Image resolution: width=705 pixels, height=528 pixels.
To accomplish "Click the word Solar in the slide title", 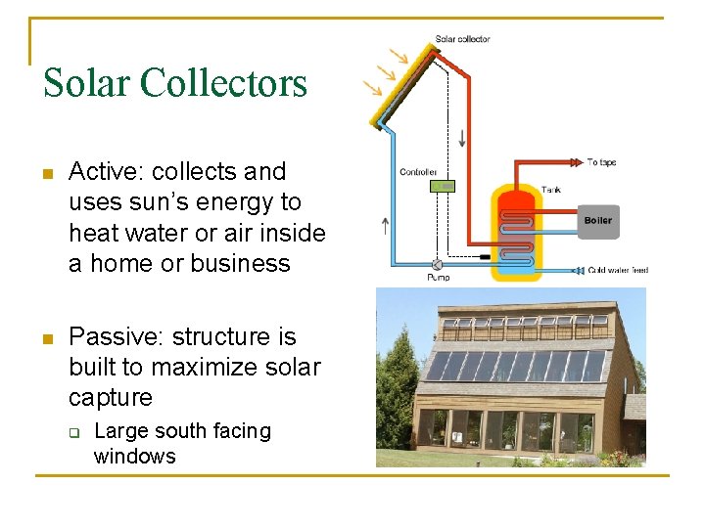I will (x=86, y=83).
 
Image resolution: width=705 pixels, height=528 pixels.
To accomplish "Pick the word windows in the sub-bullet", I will (x=134, y=457).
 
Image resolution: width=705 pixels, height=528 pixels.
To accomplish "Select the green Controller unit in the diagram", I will (x=443, y=185).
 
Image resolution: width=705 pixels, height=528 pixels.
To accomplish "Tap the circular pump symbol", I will (x=437, y=264).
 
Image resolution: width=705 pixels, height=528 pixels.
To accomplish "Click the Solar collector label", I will (x=462, y=39).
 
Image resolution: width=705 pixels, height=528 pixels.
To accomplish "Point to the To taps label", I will (x=601, y=162).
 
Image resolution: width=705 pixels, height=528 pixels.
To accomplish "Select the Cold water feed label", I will (x=618, y=270).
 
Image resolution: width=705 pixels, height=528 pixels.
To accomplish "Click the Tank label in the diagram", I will (x=551, y=189).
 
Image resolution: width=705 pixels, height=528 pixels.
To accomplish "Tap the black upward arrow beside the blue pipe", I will (x=384, y=227).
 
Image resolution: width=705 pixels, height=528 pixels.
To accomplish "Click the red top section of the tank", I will (x=515, y=201).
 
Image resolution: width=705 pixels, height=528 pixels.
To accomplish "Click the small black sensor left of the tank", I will (x=484, y=256).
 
